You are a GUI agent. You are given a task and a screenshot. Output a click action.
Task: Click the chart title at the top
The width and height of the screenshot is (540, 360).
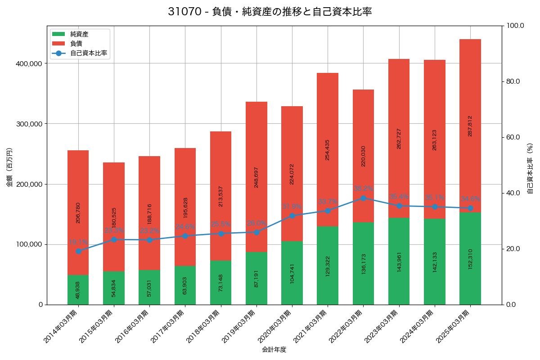pos(270,12)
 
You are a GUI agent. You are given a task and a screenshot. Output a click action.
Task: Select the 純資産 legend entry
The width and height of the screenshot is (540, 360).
pos(79,34)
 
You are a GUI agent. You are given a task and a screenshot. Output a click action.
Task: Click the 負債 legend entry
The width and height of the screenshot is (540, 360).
pos(76,44)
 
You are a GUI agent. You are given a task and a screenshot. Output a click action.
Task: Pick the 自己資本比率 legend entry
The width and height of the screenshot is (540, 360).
pos(88,53)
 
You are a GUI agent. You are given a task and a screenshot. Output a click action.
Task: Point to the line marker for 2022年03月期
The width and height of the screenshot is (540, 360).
pos(363,198)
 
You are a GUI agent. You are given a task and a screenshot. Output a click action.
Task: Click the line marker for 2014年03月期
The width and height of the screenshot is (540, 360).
pos(78,251)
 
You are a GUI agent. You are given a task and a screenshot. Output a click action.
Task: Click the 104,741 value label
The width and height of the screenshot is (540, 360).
pos(292,274)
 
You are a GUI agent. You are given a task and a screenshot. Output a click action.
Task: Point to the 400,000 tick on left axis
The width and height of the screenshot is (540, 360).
pos(29,64)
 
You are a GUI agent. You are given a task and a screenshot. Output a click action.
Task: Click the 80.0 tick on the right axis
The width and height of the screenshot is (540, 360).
pos(513,81)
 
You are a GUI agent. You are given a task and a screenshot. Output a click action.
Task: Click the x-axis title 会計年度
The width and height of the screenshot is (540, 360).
pos(274,350)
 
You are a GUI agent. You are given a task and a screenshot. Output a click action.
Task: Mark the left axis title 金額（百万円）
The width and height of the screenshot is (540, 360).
pos(9,167)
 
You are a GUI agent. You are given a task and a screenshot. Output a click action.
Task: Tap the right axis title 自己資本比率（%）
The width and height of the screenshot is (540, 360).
pos(530,168)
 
